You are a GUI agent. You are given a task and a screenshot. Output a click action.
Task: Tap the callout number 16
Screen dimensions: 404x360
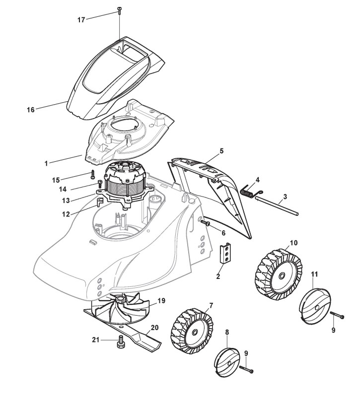click(x=31, y=110)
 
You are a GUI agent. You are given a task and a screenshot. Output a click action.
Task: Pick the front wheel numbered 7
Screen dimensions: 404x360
click(x=191, y=331)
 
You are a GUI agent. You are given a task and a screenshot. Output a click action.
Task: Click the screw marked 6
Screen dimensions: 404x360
click(x=205, y=224)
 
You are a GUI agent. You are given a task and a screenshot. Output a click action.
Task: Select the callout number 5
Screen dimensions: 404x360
click(x=221, y=150)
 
